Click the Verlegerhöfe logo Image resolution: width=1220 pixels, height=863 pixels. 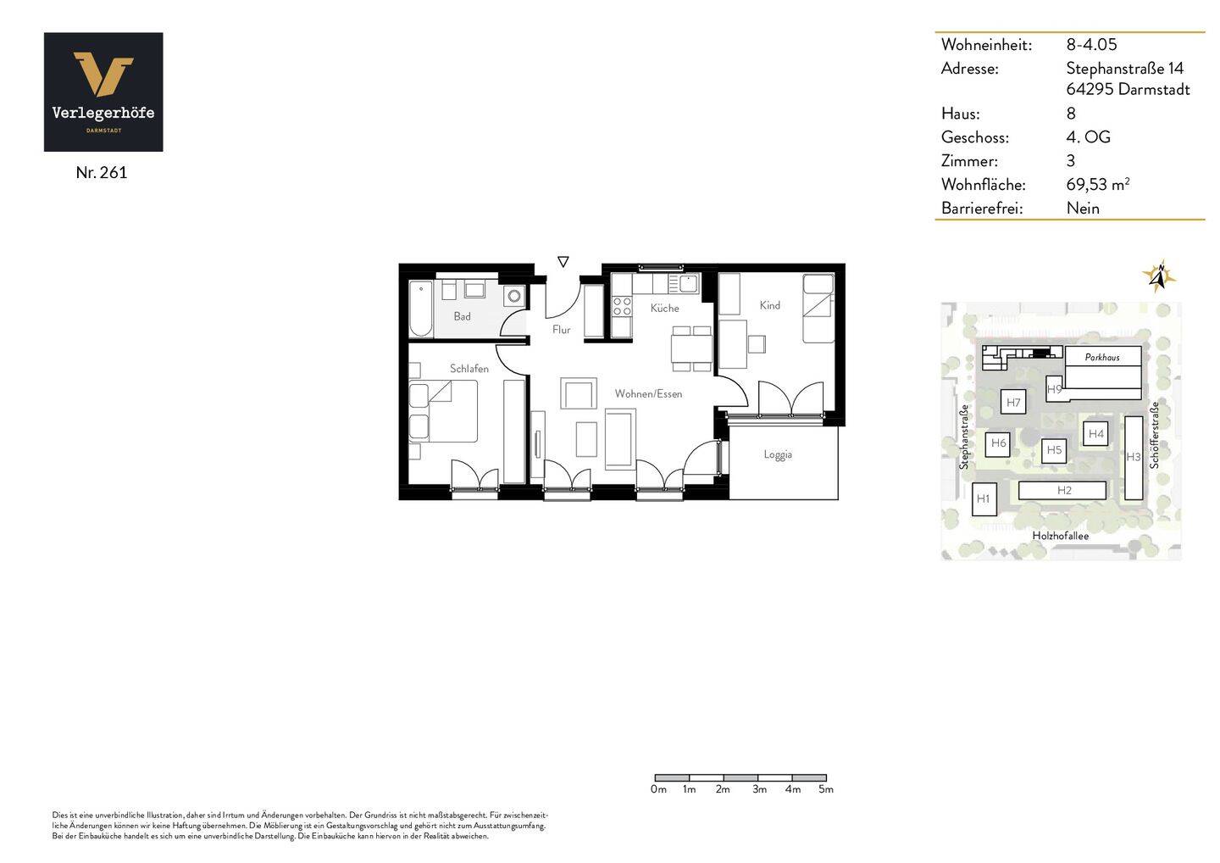click(103, 92)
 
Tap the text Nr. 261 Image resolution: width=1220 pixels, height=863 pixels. click(101, 172)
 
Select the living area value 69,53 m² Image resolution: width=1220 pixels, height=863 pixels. click(1097, 184)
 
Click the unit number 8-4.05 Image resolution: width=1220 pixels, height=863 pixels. click(1091, 44)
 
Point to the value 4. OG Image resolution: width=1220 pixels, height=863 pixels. click(1088, 137)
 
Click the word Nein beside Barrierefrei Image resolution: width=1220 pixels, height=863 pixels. click(1083, 208)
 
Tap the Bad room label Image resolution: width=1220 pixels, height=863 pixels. click(462, 316)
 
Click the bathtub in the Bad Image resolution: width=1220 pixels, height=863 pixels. click(420, 309)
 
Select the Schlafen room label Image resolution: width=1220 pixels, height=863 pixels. click(469, 369)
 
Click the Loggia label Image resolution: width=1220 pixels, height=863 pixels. click(778, 454)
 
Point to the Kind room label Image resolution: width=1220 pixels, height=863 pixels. click(769, 305)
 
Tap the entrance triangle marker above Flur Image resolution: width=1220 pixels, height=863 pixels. click(563, 262)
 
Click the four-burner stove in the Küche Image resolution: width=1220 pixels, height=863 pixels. click(622, 306)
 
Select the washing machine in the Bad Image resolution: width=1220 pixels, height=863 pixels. click(514, 296)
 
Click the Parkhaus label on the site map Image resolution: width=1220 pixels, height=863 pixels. click(1102, 357)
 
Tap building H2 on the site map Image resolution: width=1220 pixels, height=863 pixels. click(1063, 490)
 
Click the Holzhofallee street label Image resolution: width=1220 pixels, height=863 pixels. click(1060, 536)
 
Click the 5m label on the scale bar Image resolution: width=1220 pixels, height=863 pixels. click(825, 789)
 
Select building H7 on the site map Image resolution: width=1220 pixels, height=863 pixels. click(1013, 403)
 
